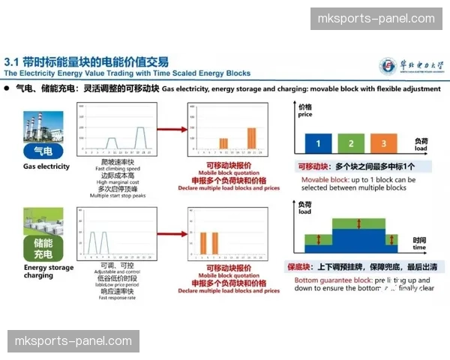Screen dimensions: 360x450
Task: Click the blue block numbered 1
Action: (x=318, y=142)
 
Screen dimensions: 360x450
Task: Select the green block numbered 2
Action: (x=350, y=142)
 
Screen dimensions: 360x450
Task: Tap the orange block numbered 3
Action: (x=382, y=142)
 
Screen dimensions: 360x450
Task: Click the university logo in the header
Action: (x=389, y=65)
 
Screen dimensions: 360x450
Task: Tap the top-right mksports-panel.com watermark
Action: (x=376, y=19)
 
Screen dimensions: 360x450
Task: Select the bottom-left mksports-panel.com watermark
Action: (x=73, y=341)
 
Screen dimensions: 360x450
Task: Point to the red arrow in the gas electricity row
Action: (x=170, y=129)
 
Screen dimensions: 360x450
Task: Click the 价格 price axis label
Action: (x=304, y=111)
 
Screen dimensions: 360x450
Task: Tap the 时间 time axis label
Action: (x=419, y=242)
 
